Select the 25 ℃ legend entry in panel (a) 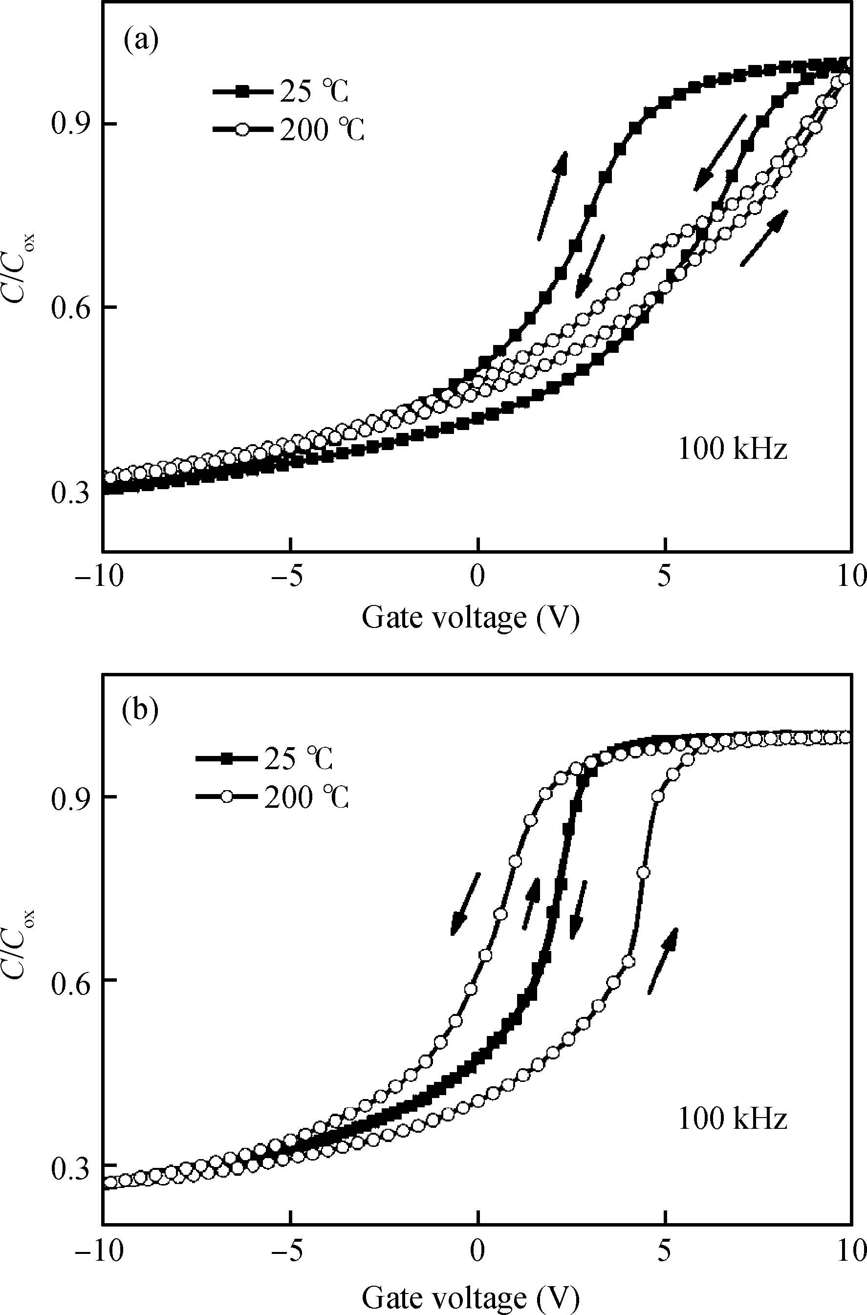pos(282,92)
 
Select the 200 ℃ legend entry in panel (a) pos(289,130)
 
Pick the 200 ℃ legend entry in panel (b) pos(273,797)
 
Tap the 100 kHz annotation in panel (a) pos(732,450)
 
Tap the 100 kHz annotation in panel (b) pos(732,1118)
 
